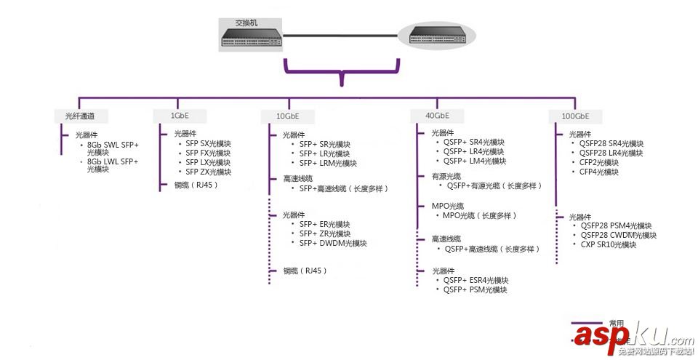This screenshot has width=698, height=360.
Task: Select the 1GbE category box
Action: coord(180,116)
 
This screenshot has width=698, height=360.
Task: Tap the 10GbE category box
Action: coord(287,116)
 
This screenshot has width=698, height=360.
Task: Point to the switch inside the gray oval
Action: coord(436,33)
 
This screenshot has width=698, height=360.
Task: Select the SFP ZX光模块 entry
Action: coord(208,172)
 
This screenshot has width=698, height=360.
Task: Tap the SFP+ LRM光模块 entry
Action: coord(328,163)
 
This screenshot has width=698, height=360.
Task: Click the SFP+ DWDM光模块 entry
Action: coord(333,243)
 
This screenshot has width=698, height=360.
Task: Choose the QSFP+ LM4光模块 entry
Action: coord(475,161)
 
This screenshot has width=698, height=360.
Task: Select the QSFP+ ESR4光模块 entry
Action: coord(476,280)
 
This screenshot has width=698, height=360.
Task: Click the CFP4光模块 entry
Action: coord(599,172)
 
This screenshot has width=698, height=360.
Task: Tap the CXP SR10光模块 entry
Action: coord(608,244)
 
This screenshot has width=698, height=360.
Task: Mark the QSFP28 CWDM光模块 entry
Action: coord(618,235)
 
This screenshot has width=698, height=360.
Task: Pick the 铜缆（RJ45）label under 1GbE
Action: coord(196,185)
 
